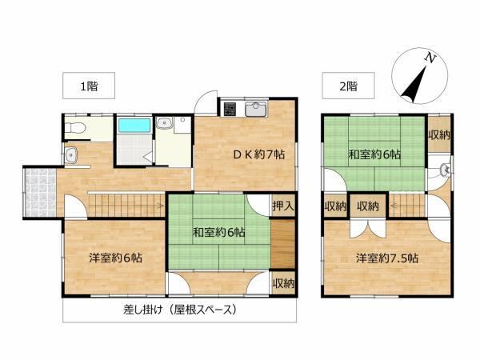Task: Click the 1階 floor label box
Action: click(x=89, y=86)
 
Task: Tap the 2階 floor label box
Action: click(x=348, y=86)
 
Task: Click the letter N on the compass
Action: click(x=430, y=58)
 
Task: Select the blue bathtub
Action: click(x=134, y=126)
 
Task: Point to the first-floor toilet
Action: click(x=74, y=128)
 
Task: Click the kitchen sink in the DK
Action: click(x=256, y=110)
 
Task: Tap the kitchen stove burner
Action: click(x=230, y=110)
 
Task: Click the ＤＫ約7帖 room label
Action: click(x=259, y=154)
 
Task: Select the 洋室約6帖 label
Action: click(x=116, y=258)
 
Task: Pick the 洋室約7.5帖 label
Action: click(x=387, y=258)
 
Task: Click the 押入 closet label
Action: click(x=283, y=206)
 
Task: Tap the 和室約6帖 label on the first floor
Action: click(x=218, y=233)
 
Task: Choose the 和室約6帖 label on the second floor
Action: click(x=374, y=154)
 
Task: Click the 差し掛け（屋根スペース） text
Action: click(x=180, y=310)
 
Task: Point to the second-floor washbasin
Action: click(x=446, y=170)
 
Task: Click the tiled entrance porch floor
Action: click(x=41, y=193)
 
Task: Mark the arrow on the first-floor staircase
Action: click(x=159, y=206)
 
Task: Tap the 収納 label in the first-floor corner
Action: click(x=283, y=283)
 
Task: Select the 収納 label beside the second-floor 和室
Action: click(x=439, y=134)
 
